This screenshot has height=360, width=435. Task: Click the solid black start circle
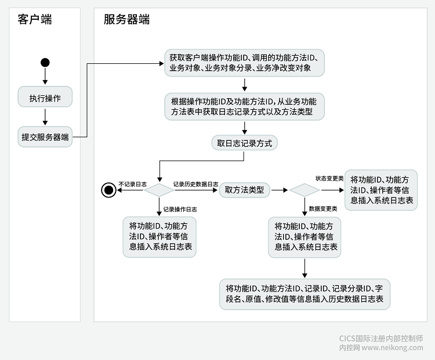45,63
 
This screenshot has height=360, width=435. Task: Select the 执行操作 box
45,98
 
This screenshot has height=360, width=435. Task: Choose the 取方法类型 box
244,190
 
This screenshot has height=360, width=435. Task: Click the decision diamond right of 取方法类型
304,190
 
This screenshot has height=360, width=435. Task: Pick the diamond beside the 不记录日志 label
159,190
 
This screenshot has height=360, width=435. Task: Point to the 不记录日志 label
133,184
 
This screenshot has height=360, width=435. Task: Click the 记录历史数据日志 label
195,184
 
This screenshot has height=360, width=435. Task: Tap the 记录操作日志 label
180,209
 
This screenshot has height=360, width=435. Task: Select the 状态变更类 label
329,178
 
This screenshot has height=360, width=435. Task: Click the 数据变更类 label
324,208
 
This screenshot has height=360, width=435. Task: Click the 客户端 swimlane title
35,20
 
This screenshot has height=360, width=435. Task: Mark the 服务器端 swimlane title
126,20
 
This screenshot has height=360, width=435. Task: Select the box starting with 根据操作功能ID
244,105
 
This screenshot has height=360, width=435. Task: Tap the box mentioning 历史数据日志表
304,293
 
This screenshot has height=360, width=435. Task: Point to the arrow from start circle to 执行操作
45,76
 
